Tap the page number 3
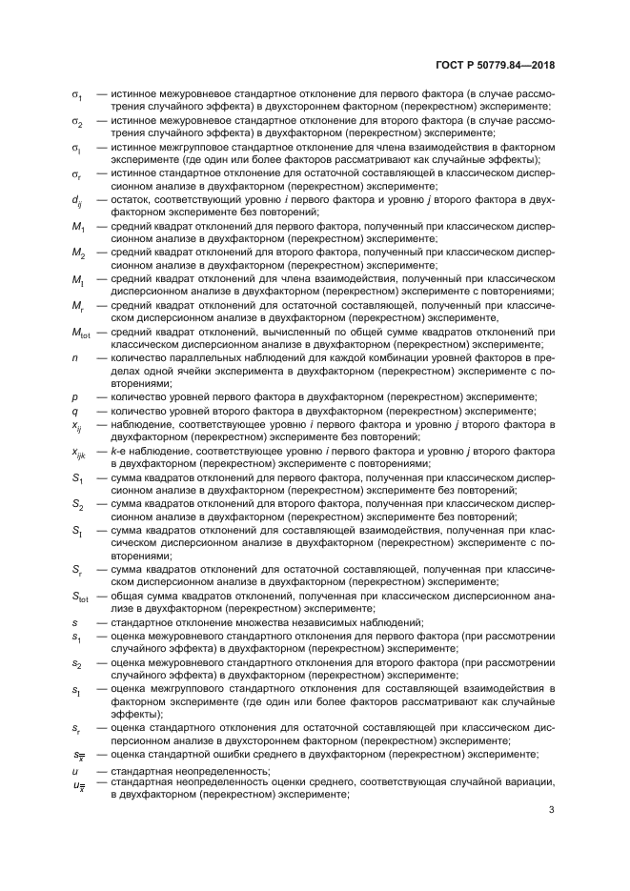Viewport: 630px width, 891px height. click(552, 811)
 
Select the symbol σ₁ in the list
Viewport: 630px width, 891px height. click(77, 97)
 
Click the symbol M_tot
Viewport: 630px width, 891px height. click(81, 332)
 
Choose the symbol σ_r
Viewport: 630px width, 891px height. click(76, 175)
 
